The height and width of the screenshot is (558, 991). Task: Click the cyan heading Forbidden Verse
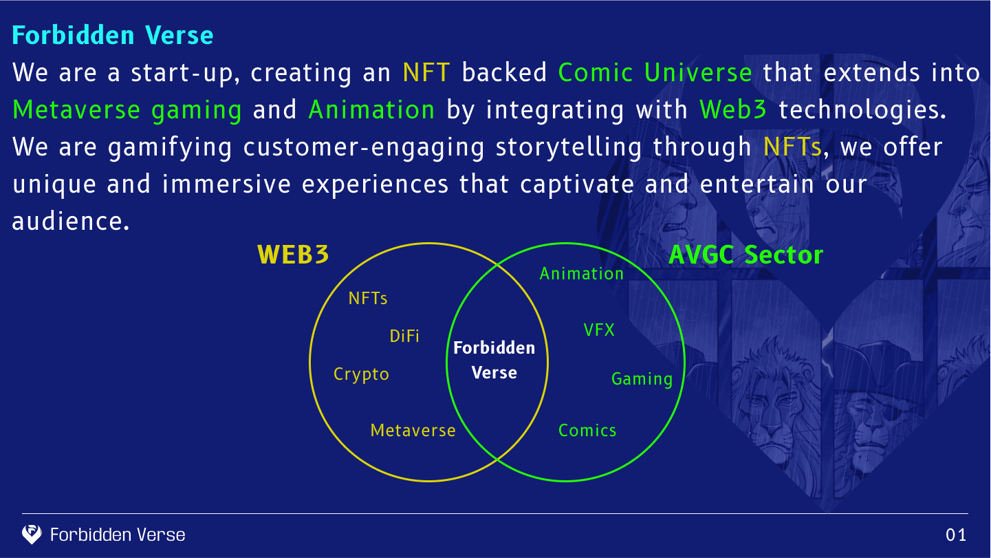[113, 35]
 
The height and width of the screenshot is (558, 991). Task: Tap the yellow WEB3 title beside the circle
[294, 255]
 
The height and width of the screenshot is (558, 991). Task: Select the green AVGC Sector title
[746, 255]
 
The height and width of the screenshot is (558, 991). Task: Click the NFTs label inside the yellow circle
[368, 298]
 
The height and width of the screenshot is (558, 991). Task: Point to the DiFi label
[404, 336]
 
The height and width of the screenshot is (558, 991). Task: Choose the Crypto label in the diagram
[361, 374]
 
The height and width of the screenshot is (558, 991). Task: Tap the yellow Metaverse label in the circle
[413, 431]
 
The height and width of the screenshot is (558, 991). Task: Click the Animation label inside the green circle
[582, 273]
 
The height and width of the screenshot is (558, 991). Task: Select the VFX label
[599, 330]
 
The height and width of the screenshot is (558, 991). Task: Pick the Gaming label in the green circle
[642, 379]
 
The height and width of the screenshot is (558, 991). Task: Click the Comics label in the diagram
[587, 431]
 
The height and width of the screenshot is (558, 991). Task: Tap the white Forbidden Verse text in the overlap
[494, 361]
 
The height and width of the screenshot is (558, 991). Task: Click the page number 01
[956, 535]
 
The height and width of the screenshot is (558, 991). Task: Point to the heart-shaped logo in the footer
[32, 535]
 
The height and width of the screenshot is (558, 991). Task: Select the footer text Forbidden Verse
[118, 535]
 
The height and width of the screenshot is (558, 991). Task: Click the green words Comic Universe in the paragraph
[655, 72]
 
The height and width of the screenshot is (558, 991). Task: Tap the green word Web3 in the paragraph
[733, 109]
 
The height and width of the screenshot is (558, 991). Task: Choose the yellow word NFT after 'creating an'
[426, 72]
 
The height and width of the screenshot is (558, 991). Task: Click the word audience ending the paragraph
[71, 221]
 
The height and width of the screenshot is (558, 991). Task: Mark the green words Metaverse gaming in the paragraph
[127, 111]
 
